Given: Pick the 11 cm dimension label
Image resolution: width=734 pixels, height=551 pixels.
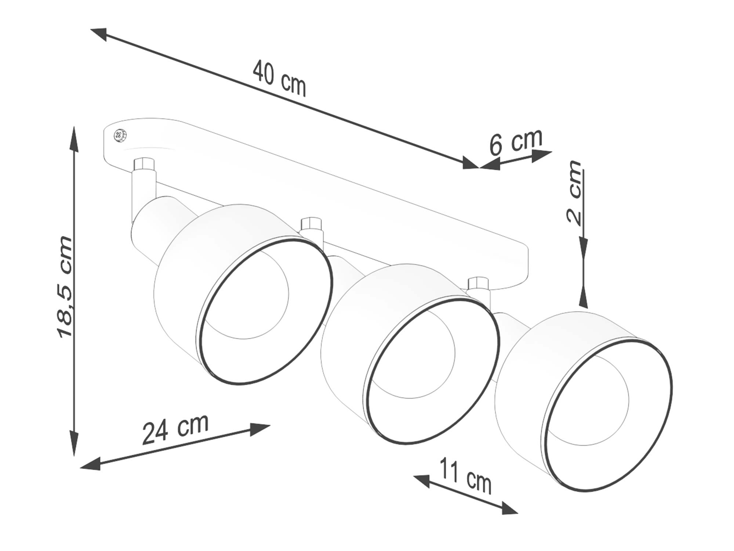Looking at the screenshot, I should pyautogui.click(x=465, y=476).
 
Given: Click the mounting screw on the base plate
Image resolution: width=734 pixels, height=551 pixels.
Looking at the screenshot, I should pyautogui.click(x=120, y=136).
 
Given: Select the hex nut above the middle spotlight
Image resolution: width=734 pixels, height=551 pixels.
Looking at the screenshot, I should pyautogui.click(x=311, y=224).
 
